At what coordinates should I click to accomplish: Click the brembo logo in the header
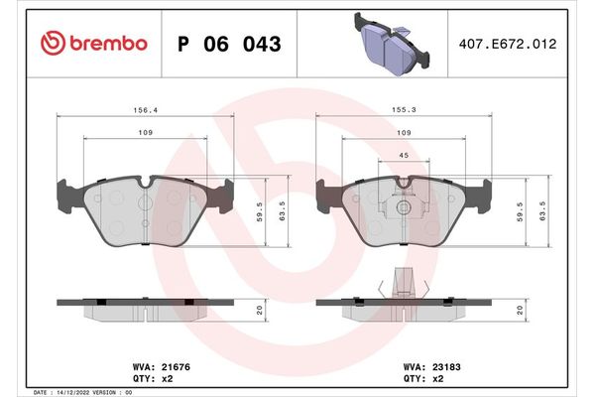tap(94, 45)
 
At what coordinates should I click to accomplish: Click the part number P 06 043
tap(228, 45)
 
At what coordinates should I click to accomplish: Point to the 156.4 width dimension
tap(144, 111)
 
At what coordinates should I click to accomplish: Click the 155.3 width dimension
tap(403, 111)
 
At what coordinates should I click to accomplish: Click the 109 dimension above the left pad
tap(144, 134)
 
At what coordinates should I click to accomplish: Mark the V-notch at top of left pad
tap(145, 183)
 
